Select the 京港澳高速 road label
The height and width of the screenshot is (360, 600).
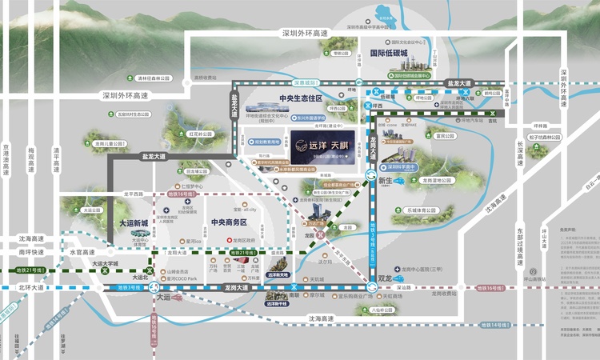[x=6, y=159]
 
